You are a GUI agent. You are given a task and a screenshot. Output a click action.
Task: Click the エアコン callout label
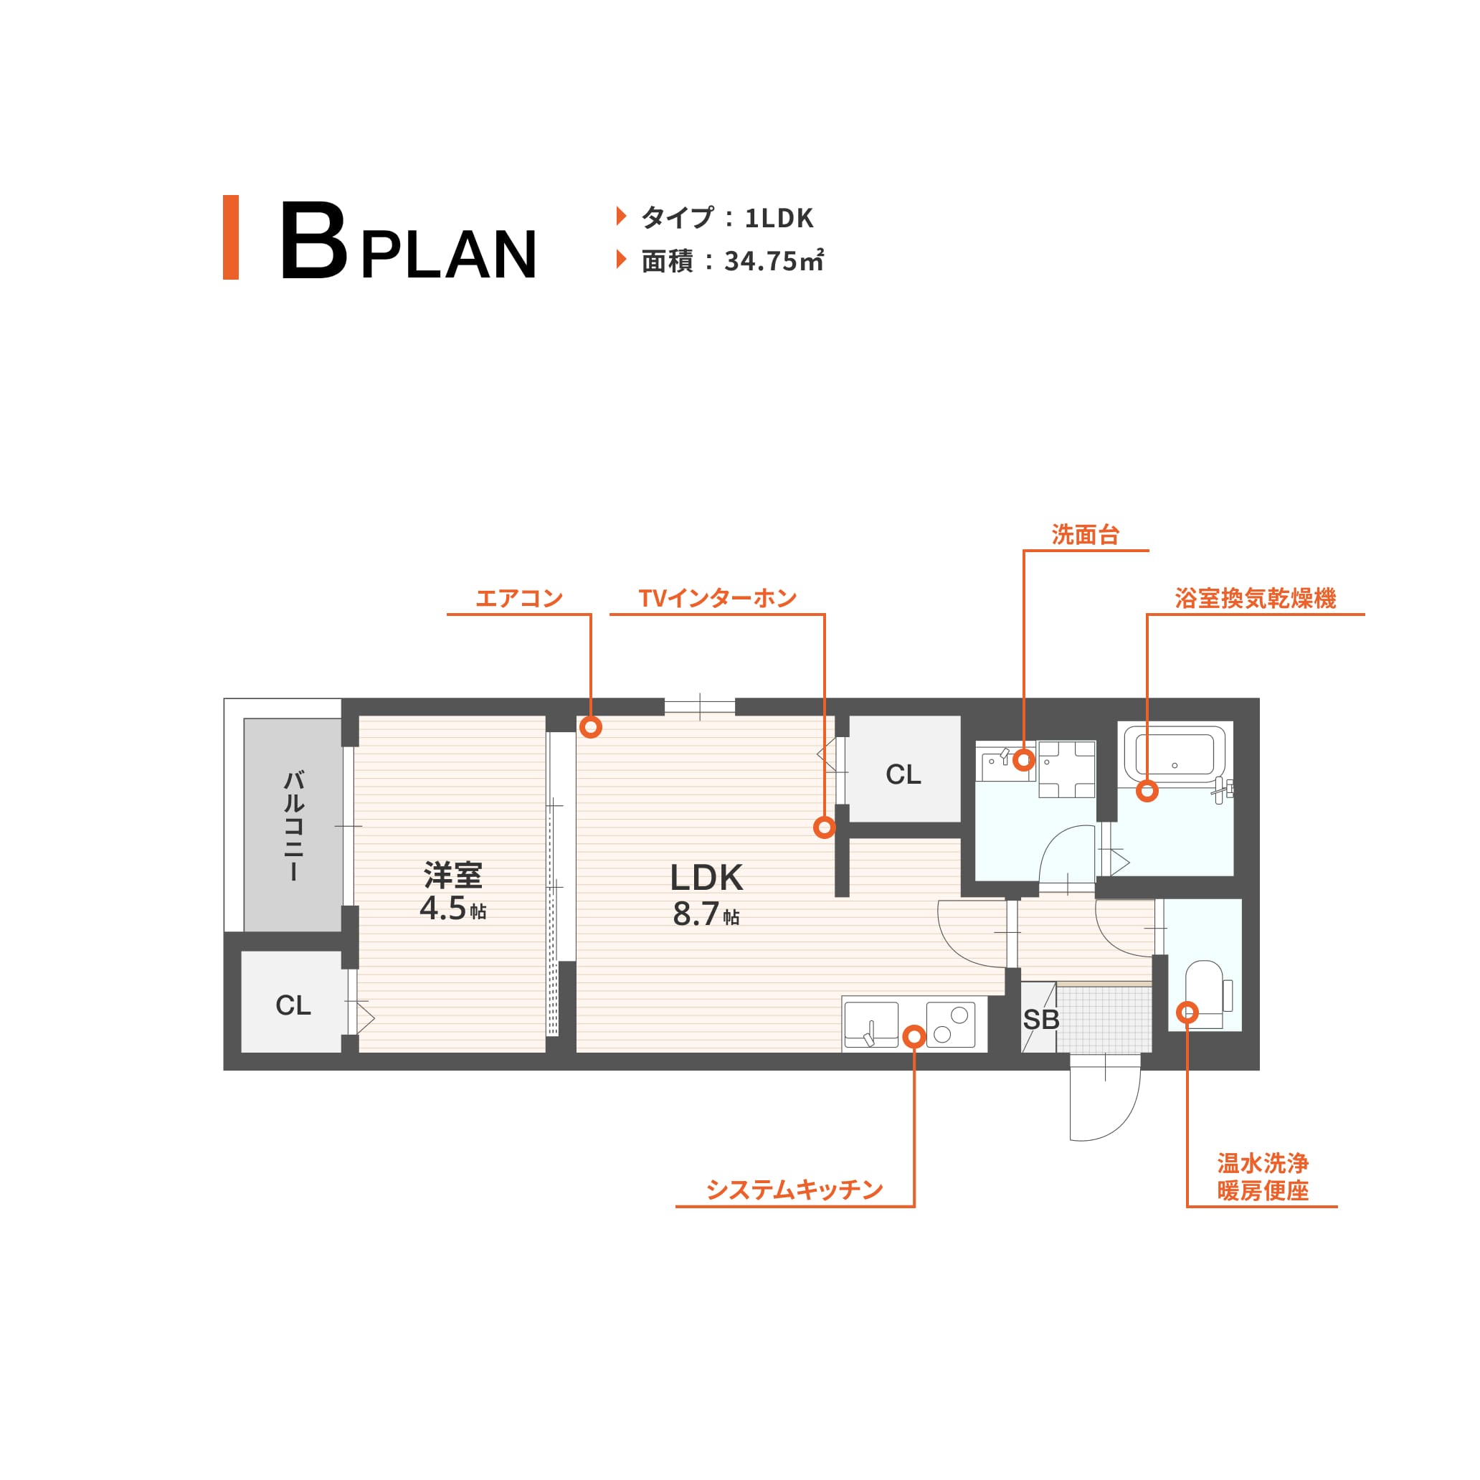tap(519, 598)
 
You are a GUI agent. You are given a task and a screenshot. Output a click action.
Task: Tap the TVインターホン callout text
tap(718, 598)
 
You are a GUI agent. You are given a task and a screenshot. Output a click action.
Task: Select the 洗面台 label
tap(1086, 535)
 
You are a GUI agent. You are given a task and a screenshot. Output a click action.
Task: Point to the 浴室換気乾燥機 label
tap(1256, 598)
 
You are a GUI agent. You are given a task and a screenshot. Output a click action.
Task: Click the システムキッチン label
tap(794, 1190)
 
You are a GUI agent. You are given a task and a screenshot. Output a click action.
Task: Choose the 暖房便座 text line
tap(1263, 1191)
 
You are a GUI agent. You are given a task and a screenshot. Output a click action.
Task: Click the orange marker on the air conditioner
tap(590, 726)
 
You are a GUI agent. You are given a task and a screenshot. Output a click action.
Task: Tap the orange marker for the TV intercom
tap(825, 827)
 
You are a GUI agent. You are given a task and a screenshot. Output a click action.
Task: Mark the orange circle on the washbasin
tap(1024, 760)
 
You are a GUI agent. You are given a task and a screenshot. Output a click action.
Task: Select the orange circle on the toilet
tap(1187, 1012)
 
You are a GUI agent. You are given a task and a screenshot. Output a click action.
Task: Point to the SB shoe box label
tap(1041, 1020)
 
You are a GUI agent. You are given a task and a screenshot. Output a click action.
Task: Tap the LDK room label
tap(706, 878)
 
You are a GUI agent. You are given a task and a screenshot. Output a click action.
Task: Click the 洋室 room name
tap(452, 875)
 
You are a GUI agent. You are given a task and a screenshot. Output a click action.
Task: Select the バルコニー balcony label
tap(294, 826)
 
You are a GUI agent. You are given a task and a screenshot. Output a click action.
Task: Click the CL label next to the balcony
tap(293, 1005)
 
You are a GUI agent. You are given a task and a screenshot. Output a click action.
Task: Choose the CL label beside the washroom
tap(903, 774)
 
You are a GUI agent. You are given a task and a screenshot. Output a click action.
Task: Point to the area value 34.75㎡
tap(774, 261)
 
